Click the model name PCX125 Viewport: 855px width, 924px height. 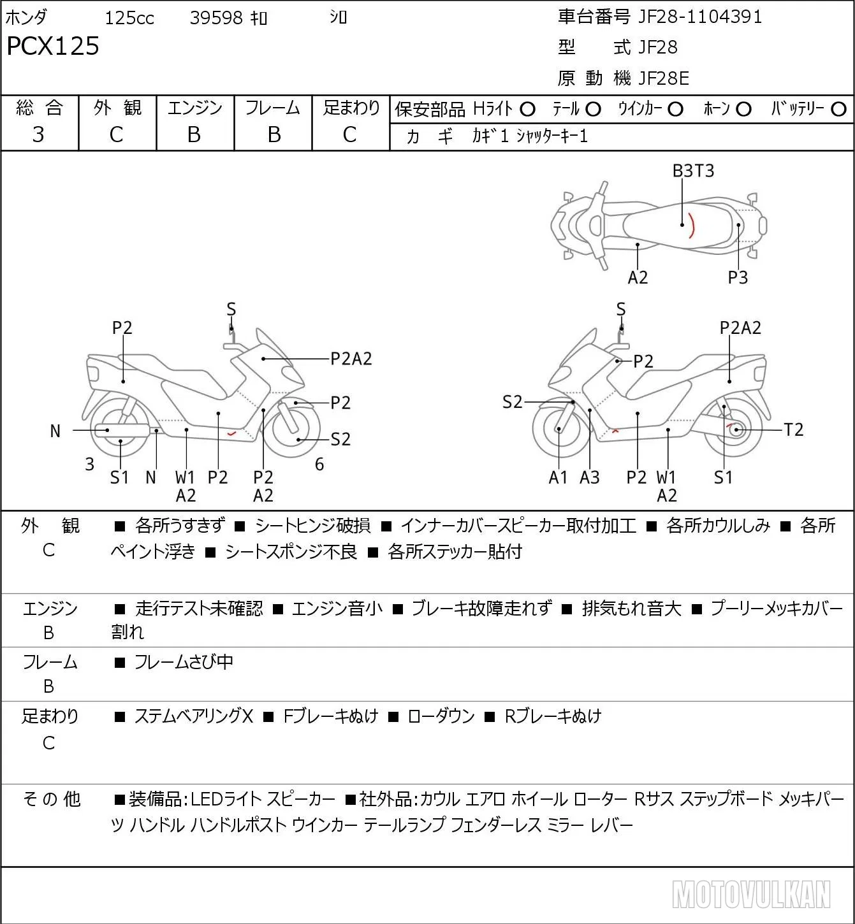click(x=53, y=46)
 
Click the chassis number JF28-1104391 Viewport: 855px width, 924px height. click(x=699, y=17)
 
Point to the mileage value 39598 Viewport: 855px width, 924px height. click(x=216, y=18)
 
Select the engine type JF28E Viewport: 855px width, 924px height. click(x=663, y=78)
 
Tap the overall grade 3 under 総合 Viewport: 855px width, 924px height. click(x=38, y=134)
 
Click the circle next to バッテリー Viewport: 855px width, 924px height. click(x=838, y=110)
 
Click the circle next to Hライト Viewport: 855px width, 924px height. click(x=527, y=110)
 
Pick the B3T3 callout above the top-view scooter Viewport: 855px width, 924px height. click(x=693, y=171)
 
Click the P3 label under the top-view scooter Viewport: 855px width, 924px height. click(x=738, y=278)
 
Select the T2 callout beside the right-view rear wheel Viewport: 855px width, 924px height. click(x=794, y=430)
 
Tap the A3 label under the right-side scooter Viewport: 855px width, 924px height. click(x=590, y=477)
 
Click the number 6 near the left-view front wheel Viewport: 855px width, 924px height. click(x=319, y=464)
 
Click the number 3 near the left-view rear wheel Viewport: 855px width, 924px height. click(x=90, y=464)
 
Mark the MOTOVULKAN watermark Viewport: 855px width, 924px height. click(x=751, y=895)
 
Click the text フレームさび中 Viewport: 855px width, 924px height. click(x=184, y=661)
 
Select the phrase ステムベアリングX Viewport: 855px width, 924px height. click(x=194, y=716)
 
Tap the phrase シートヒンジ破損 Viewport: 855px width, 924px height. click(x=312, y=526)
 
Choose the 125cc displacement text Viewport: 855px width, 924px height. click(x=129, y=18)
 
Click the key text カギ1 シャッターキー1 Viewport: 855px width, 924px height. click(x=530, y=136)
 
